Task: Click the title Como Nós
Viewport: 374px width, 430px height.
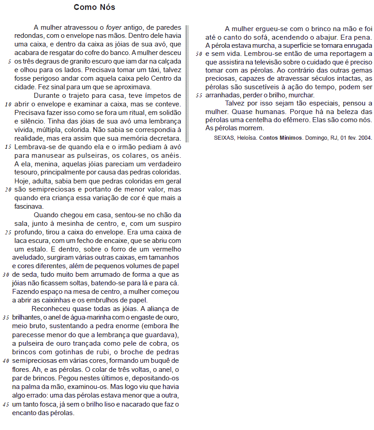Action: (94, 7)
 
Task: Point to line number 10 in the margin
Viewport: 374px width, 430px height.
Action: (8, 105)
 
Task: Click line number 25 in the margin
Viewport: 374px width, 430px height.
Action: (8, 233)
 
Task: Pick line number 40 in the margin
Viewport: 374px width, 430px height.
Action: (6, 361)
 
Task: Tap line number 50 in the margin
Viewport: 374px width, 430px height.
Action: (199, 54)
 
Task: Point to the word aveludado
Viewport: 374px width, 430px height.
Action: (28, 258)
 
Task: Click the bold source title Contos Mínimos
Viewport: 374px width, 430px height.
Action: (279, 138)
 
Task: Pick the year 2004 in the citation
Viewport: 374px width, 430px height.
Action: (365, 138)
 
